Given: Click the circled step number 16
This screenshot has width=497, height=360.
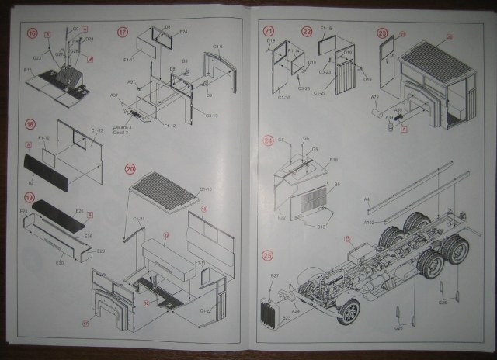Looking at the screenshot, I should coord(32,33).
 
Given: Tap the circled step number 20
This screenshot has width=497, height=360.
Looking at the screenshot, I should coord(130,168).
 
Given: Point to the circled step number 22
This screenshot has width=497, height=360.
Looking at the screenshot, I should coord(307,32).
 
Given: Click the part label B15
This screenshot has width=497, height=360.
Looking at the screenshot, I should coord(28,70).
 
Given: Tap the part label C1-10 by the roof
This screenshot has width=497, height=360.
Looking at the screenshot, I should coord(206,189).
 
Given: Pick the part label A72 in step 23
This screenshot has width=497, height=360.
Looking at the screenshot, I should coord(375,99).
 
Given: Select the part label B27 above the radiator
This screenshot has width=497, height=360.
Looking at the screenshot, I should coord(274,276).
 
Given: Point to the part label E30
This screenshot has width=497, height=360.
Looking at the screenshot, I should coord(59,262).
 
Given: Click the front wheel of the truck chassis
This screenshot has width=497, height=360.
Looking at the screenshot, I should coord(349,311).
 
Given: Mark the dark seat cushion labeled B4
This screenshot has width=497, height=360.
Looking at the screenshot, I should coord(54,165).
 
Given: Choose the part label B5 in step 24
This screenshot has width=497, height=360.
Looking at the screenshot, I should coord(337,184).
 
